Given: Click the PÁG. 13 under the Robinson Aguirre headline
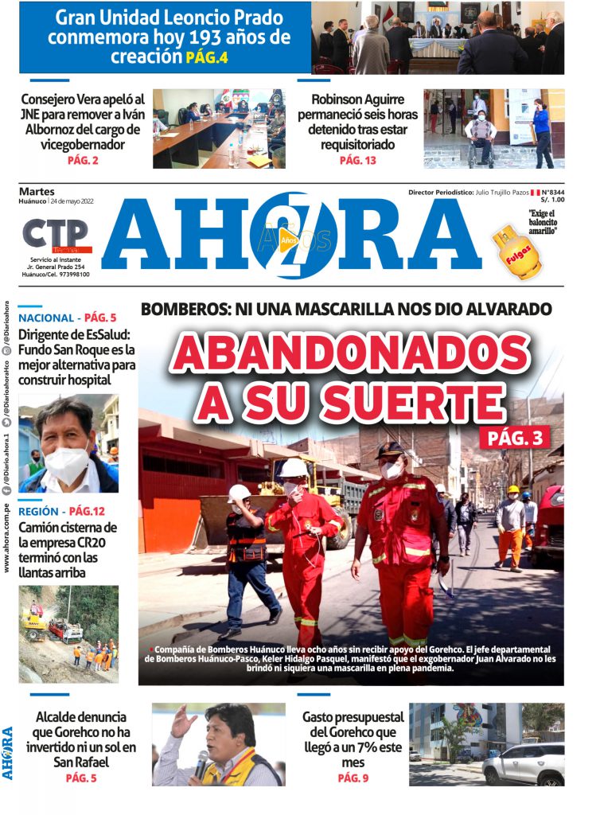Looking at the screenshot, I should pos(357,160).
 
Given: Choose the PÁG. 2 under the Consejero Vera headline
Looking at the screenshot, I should pos(83,161).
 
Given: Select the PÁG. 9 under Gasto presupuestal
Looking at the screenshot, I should pos(353,778).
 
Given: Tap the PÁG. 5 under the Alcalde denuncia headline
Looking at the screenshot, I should pos(81,778).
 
